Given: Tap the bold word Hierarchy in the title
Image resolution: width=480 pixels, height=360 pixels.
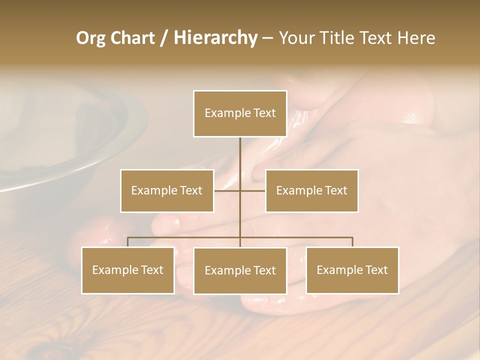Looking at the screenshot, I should coord(215,38).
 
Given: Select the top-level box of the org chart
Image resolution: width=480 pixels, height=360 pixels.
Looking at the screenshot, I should coord(240,113).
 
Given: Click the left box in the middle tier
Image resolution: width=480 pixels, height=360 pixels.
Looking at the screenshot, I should coord(167,190).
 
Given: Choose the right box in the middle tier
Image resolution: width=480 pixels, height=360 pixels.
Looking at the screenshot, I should coord(312,190).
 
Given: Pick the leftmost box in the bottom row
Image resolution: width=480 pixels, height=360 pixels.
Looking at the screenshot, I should coord(128,270).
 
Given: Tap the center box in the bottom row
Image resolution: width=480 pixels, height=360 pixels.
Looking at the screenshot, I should coord(240,270).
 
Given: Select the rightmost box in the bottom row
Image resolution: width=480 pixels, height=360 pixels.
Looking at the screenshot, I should coord(352,270).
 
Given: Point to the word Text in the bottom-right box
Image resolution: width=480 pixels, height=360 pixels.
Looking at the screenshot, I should coord(376,270).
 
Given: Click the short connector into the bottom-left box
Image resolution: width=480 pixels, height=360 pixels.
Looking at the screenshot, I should coord(128,242).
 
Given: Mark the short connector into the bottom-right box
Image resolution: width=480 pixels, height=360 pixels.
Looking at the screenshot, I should coord(352,242).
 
